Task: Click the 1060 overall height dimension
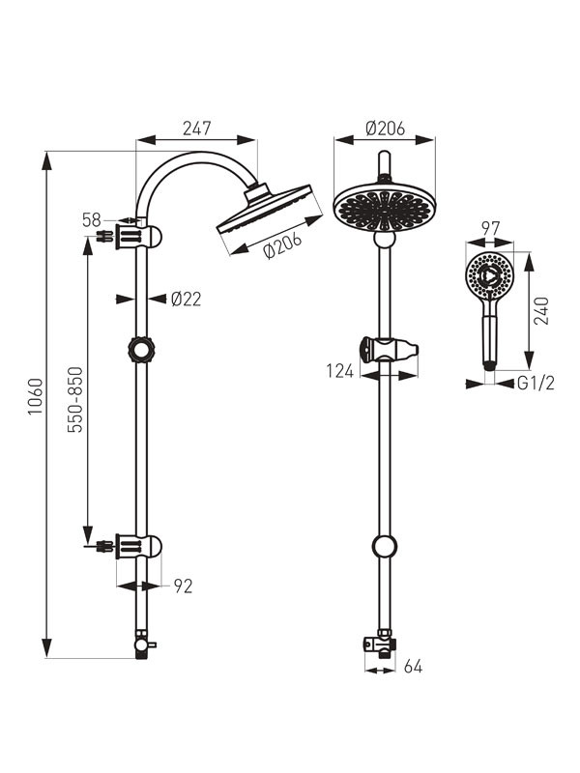(36, 397)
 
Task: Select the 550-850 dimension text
(75, 399)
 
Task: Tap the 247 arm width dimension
(197, 129)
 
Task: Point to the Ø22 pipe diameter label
(187, 299)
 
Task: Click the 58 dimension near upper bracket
(91, 220)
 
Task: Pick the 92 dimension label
(183, 587)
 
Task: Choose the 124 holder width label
(340, 371)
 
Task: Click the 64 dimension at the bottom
(414, 667)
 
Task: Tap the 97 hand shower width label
(490, 229)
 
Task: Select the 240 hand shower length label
(541, 310)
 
